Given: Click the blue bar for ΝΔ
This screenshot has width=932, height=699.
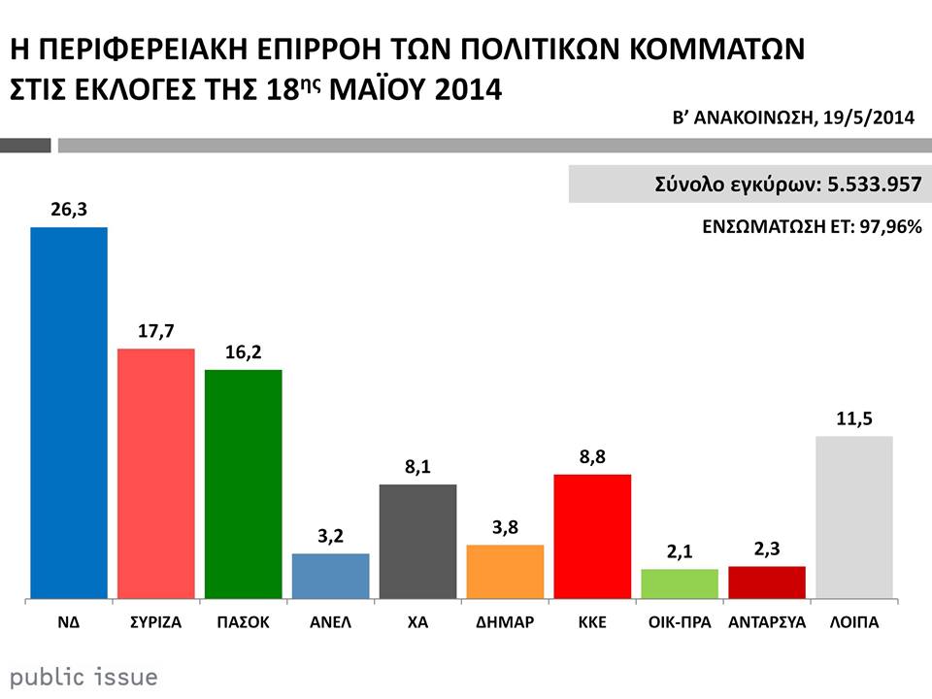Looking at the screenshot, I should pos(68,413).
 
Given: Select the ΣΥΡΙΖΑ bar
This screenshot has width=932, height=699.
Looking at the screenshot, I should pos(155,473).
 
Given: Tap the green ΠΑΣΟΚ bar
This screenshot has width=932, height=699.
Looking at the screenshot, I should pos(243,483).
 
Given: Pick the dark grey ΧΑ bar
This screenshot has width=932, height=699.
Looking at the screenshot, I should pos(417,541).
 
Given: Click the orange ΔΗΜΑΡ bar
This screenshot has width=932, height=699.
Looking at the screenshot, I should pos(505,571).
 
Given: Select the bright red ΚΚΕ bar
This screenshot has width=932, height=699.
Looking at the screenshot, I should pos(592,536).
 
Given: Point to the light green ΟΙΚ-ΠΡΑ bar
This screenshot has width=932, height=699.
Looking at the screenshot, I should pos(680,582).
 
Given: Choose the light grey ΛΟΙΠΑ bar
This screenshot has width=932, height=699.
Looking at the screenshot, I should pos(854,516).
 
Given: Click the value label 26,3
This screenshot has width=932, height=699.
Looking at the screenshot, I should pos(68,210).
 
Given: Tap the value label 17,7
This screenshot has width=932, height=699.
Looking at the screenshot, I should pos(155,331).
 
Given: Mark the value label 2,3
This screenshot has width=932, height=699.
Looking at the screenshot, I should pos(767,549).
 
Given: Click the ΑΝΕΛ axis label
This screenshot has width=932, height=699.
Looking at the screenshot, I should pos(330,622).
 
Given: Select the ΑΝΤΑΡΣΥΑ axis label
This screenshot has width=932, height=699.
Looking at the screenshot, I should pos(767,622).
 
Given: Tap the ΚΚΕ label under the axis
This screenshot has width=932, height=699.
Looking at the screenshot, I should pos(592,622).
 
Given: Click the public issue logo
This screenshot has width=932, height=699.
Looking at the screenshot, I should pos(83,677).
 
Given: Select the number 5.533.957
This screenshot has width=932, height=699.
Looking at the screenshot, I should pos(870,184).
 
